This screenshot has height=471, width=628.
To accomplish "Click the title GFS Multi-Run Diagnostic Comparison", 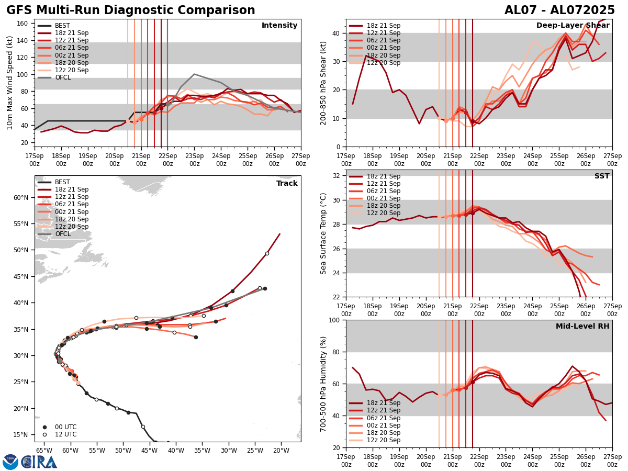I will [x=131, y=10].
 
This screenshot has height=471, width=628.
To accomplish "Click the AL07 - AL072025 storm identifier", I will [x=559, y=10].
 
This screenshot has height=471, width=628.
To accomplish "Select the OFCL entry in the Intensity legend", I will [x=63, y=77].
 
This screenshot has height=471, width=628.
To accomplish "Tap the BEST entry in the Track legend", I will [x=62, y=182].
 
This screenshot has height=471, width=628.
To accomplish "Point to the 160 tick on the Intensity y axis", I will [x=24, y=23].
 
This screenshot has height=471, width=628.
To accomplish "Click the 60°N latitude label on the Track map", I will [x=21, y=197].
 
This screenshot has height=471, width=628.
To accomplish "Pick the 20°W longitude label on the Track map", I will [x=281, y=450].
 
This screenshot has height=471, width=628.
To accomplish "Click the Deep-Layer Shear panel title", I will [x=573, y=26].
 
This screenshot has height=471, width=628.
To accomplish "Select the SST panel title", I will [x=601, y=176].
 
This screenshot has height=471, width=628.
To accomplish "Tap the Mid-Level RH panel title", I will [x=582, y=327].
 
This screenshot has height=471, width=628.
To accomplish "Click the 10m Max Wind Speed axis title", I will [x=10, y=83].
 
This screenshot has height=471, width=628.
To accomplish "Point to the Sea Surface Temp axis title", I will [x=323, y=233].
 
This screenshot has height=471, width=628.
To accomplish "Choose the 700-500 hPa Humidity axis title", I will [x=323, y=384].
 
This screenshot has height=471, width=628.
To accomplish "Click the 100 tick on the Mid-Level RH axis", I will [x=335, y=320].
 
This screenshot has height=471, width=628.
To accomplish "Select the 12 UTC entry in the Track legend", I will [x=65, y=434].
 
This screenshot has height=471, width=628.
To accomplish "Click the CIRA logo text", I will [x=39, y=462].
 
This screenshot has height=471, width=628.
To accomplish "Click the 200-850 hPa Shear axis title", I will [x=323, y=83].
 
